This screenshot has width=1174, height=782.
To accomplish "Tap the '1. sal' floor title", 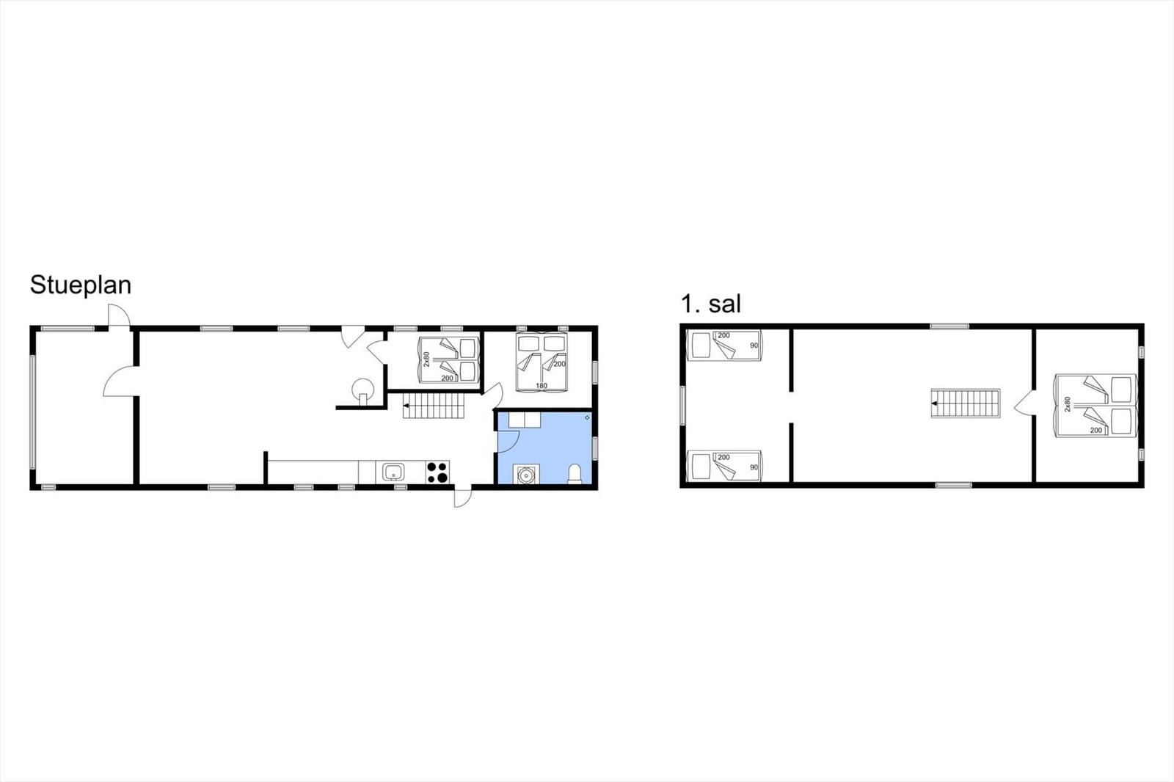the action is (x=711, y=304).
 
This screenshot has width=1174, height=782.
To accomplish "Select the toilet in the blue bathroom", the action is (x=575, y=473).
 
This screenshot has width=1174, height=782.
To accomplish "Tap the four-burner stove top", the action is (x=437, y=472).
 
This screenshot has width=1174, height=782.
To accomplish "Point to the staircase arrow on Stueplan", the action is (x=406, y=405).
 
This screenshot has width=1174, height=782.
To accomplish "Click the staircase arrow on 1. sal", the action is (x=935, y=403).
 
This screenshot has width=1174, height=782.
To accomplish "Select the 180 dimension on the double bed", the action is (x=542, y=386).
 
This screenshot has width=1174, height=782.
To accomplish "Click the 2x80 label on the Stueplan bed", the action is (x=426, y=359).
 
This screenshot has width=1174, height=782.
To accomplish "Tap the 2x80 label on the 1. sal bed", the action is (x=1068, y=404).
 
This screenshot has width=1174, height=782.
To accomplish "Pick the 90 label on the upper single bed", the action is (x=754, y=346).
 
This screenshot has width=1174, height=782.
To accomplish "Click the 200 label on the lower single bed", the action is (x=723, y=457).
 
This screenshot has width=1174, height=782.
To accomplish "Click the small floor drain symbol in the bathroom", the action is (x=587, y=417).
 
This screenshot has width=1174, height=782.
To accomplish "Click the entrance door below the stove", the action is (x=463, y=497).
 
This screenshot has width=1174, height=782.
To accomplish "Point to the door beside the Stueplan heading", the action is (x=119, y=316).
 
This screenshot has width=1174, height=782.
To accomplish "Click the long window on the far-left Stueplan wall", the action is (x=32, y=412).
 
